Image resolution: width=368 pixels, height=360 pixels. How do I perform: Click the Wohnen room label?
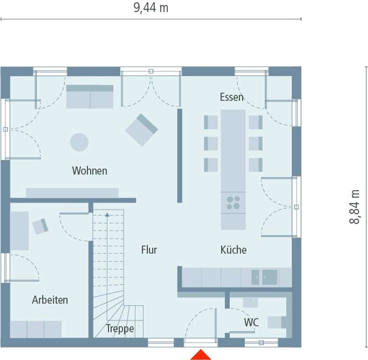pyautogui.click(x=89, y=170)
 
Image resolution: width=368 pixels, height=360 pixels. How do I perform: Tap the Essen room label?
pyautogui.click(x=231, y=97)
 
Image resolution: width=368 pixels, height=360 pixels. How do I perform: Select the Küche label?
pyautogui.click(x=233, y=250)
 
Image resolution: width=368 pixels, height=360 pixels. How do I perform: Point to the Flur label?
pyautogui.click(x=149, y=250)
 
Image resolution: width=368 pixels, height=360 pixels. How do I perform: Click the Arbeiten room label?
pyautogui.click(x=50, y=300)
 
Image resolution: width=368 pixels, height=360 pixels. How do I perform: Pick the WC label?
pyautogui.click(x=251, y=322)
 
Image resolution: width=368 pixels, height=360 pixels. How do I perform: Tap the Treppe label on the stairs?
pyautogui.click(x=120, y=328)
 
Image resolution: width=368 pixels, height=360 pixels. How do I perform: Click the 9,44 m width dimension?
pyautogui.click(x=151, y=8)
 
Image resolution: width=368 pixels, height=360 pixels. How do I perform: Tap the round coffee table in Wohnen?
pyautogui.click(x=79, y=142)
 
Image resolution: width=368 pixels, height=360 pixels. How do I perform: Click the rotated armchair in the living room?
pyautogui.click(x=142, y=130)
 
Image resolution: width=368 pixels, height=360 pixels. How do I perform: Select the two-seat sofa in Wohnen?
pyautogui.click(x=90, y=97)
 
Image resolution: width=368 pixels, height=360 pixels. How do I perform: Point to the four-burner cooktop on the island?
pyautogui.click(x=233, y=203)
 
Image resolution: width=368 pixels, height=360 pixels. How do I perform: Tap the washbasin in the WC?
pyautogui.click(x=250, y=303)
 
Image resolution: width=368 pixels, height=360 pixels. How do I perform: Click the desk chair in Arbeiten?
pyautogui.click(x=40, y=226)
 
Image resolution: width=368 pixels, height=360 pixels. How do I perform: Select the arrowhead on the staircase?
pyautogui.click(x=107, y=215)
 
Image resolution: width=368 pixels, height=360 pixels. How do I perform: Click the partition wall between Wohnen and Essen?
pyautogui.click(x=180, y=156)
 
